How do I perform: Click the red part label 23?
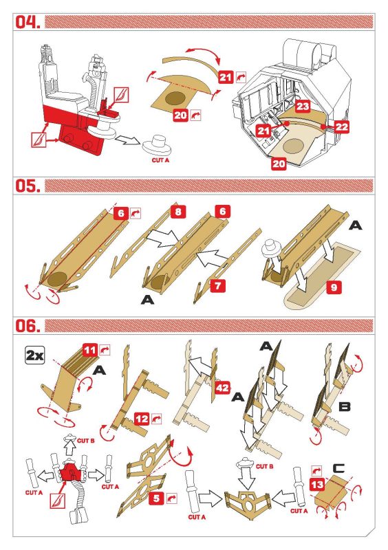click(303, 107)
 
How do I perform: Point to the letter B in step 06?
click(344, 407)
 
